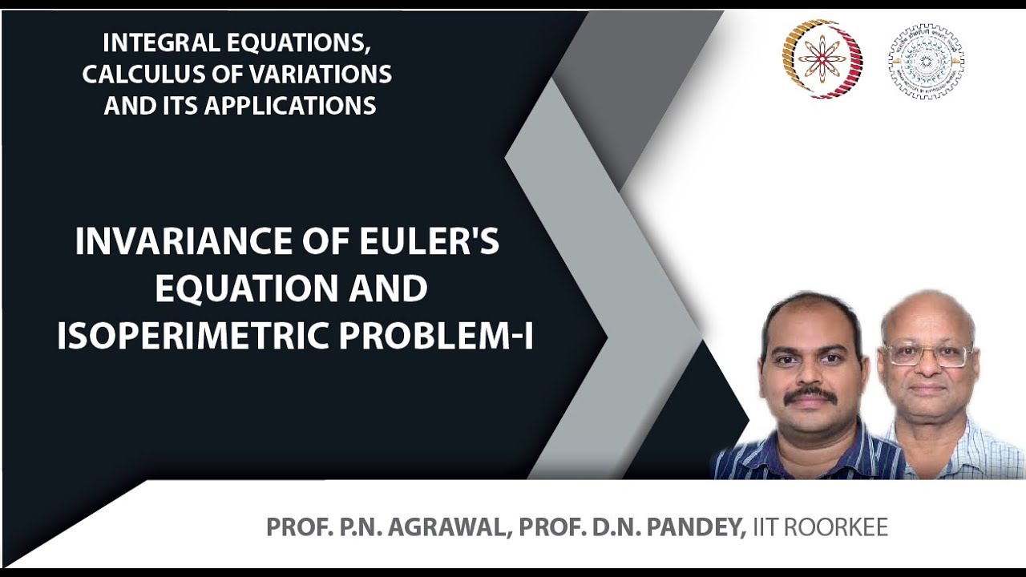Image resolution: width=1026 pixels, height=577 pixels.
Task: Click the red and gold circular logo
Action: coord(822,59)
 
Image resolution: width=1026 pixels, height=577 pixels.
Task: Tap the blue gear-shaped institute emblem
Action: coord(926,61)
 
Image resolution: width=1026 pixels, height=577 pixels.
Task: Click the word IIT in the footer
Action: coord(765,527)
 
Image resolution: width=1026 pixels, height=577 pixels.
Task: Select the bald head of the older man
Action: coord(926,309)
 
